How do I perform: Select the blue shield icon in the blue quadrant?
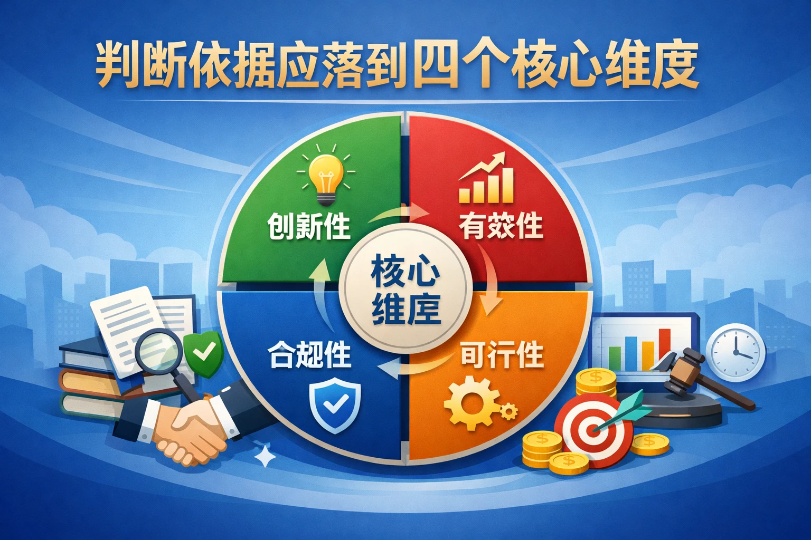coord(335,407)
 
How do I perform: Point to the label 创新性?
coord(309,227)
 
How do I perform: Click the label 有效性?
coord(501,226)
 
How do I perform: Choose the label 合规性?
coord(309,355)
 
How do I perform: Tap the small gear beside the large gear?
coord(508,411)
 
